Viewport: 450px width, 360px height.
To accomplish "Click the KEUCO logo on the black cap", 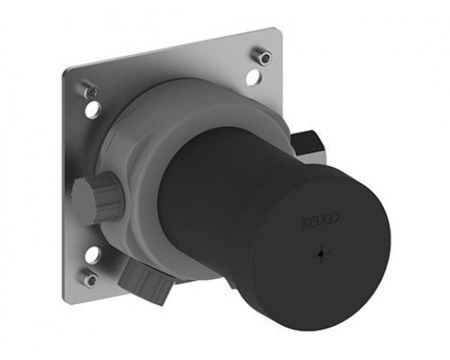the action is coord(320,220).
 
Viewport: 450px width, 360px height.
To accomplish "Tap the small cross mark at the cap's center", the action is coord(321,254).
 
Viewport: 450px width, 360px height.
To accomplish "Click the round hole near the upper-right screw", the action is coord(254,76).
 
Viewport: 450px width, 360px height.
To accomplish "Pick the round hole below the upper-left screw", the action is coord(93,110).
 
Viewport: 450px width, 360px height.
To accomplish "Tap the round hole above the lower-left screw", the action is coord(93,255).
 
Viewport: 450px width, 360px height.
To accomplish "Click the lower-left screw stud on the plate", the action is coord(90,277).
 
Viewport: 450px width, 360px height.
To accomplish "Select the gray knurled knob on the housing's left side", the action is coord(97,197).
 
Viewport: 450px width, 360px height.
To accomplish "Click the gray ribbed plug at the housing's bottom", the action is coord(143,280).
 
